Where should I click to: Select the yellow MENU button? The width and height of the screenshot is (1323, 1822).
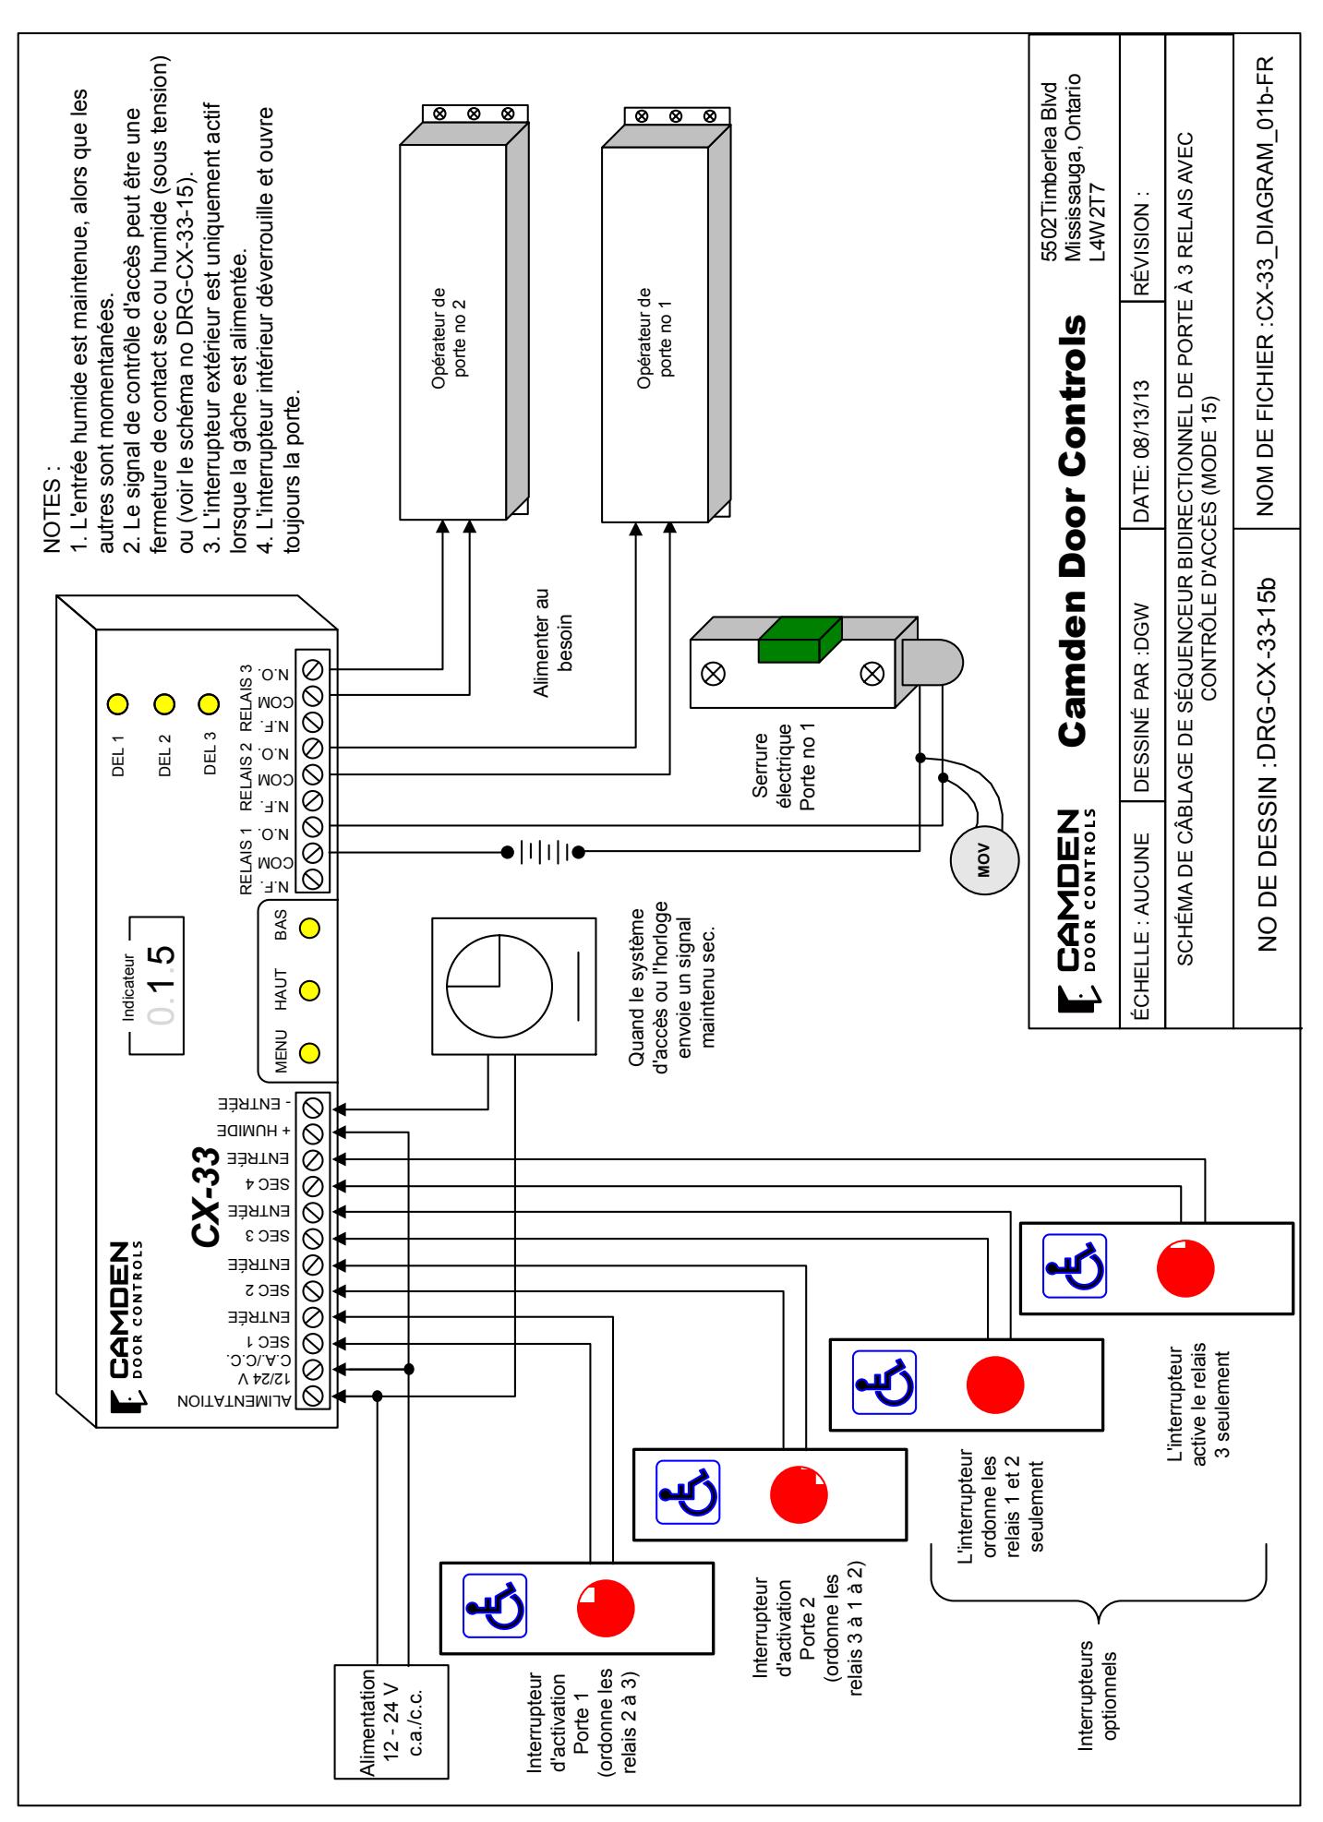coord(310,1051)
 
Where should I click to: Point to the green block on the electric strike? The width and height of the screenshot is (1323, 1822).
coord(799,641)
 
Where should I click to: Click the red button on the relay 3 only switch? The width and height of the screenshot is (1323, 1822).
coord(1185,1269)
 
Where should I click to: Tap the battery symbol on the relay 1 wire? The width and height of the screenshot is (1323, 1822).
coord(545,851)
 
